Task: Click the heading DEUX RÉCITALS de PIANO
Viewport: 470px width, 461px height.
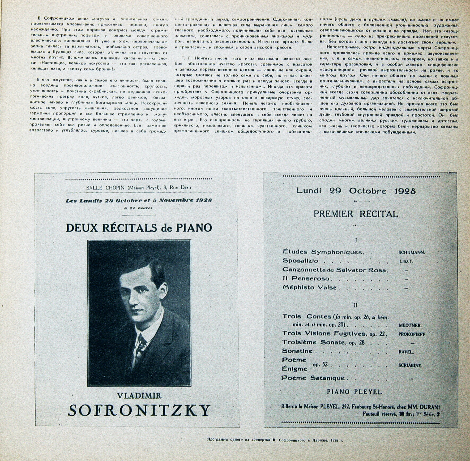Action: click(139, 228)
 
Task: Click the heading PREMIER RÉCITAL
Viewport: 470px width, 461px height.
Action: click(356, 214)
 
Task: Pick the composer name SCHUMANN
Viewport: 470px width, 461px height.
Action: click(411, 253)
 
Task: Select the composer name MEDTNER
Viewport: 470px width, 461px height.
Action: click(410, 325)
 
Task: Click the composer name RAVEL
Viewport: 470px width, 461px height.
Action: click(406, 352)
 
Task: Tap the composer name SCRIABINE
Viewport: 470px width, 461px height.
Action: click(410, 365)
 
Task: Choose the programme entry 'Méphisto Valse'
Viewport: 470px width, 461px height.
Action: click(310, 287)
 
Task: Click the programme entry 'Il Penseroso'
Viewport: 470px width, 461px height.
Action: click(306, 278)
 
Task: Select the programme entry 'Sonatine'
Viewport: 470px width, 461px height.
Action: click(297, 351)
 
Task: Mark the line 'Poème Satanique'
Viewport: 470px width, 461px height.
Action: click(313, 378)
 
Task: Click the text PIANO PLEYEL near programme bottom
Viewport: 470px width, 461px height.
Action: click(354, 392)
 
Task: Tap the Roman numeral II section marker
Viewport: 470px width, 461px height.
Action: click(355, 305)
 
